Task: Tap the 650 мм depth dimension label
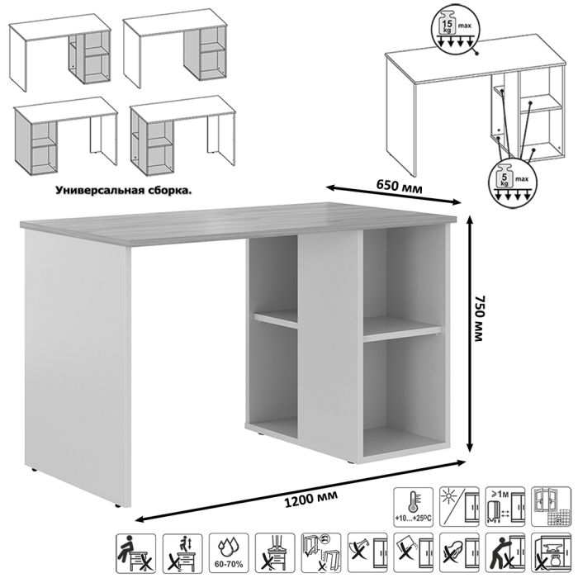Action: [396, 189]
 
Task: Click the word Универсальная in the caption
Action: [98, 189]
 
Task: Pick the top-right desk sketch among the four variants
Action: [175, 51]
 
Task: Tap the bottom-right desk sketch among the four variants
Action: [178, 139]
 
